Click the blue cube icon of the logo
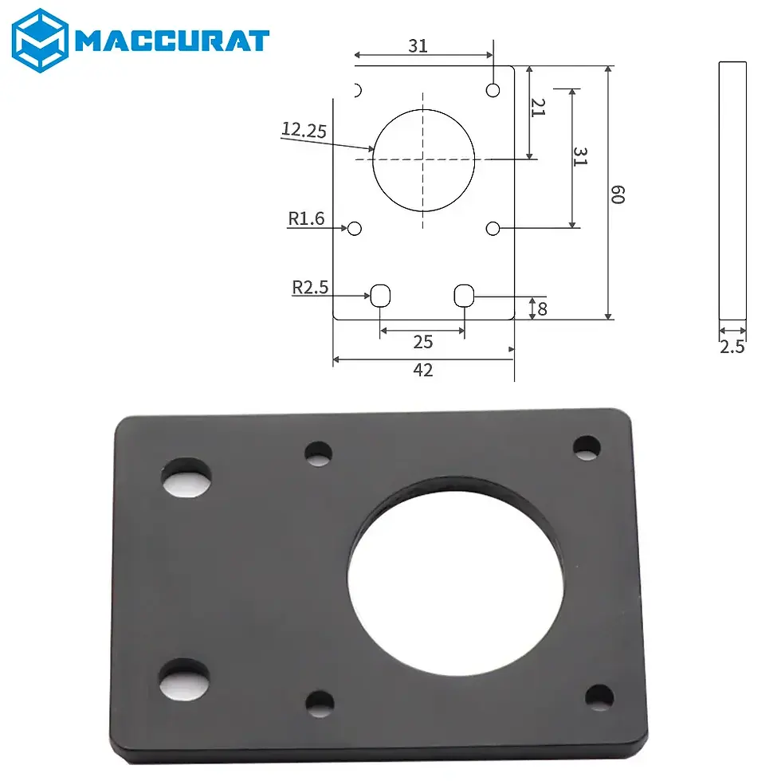(40, 40)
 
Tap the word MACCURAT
(172, 40)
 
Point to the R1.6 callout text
(307, 218)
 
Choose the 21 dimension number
(538, 108)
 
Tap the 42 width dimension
(423, 370)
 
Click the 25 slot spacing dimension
(423, 342)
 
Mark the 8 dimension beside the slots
(542, 308)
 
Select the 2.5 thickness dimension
(732, 347)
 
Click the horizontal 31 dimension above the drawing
(418, 46)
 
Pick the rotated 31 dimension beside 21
(580, 157)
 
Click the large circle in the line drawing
(423, 159)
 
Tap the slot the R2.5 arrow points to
(381, 296)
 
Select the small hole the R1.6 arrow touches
(355, 229)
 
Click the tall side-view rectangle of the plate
(732, 191)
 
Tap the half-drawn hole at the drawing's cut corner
(358, 88)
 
